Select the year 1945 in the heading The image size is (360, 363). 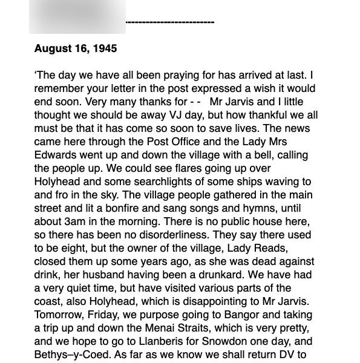[103, 48]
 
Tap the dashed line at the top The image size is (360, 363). [170, 23]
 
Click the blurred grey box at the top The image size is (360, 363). [77, 16]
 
